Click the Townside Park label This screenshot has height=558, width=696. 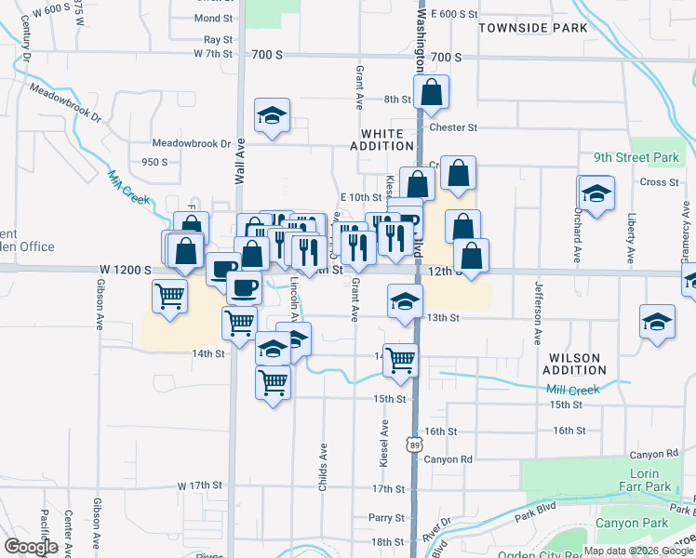[532, 28]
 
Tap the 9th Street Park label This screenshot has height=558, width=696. [643, 158]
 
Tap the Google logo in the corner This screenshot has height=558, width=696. [31, 547]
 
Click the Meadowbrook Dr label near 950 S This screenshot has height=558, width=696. [192, 144]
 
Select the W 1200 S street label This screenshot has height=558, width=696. [126, 270]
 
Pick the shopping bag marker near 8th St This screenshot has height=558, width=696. [431, 93]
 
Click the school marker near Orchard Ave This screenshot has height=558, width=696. [596, 194]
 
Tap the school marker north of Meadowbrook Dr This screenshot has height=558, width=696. [272, 116]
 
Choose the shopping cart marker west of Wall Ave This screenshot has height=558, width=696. [169, 297]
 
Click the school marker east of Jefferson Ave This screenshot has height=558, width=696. [657, 322]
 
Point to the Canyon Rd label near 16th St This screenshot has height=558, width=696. [448, 459]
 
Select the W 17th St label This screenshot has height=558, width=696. [202, 485]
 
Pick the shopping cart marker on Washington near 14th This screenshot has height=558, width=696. [400, 359]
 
